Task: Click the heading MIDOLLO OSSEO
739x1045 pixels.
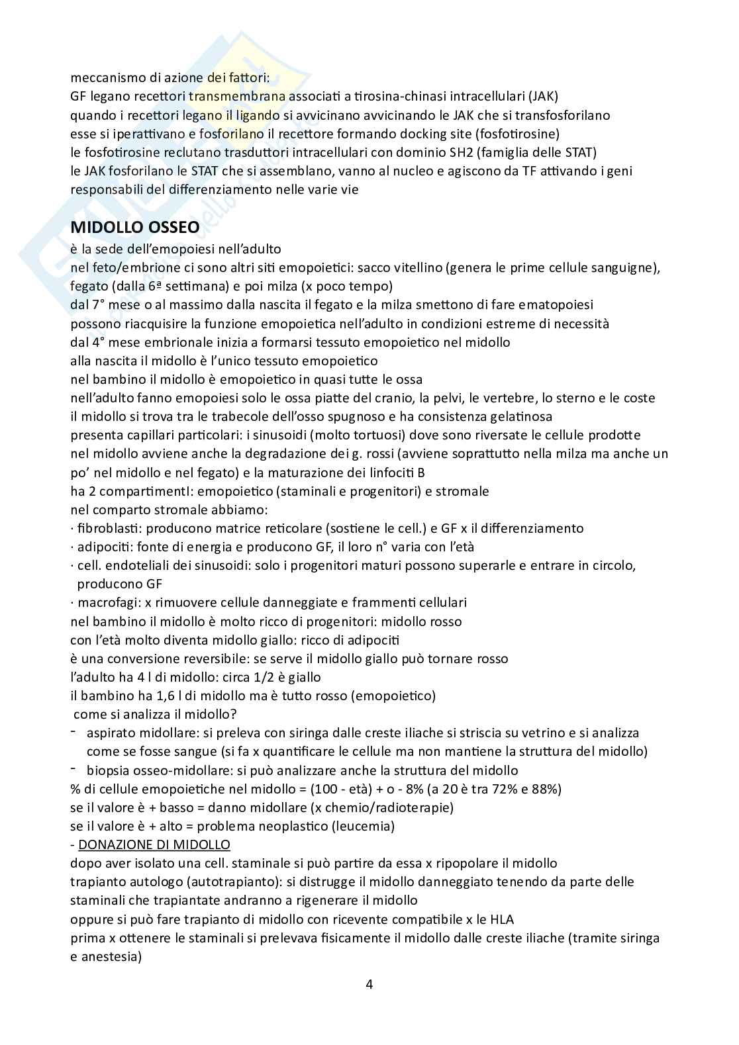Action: [x=134, y=227]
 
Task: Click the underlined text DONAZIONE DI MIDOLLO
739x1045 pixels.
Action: [x=154, y=844]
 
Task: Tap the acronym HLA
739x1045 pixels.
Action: [x=502, y=919]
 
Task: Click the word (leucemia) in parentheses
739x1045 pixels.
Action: [x=363, y=826]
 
